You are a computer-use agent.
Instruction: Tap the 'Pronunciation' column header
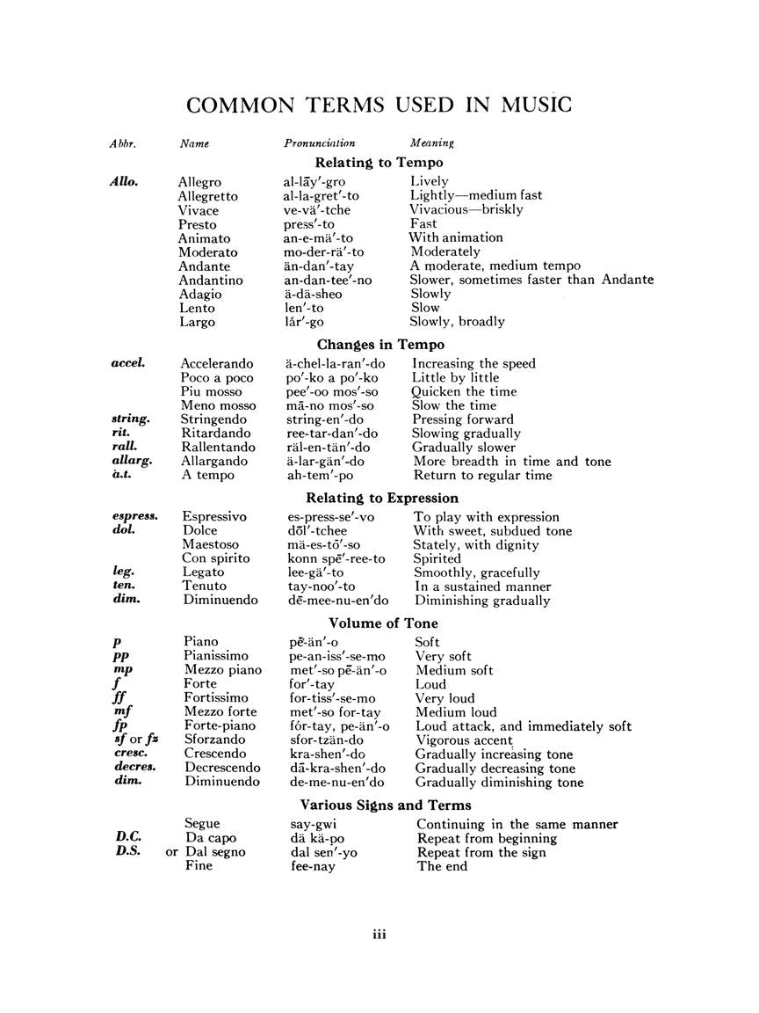click(320, 142)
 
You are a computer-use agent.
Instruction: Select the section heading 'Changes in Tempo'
click(380, 345)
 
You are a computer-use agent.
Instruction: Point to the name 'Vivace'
click(199, 210)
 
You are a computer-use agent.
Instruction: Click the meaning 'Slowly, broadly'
click(458, 322)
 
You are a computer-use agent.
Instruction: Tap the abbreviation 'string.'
click(131, 419)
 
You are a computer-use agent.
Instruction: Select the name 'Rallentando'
click(219, 448)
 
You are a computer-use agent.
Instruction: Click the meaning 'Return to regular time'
click(483, 476)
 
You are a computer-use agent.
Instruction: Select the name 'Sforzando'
click(216, 740)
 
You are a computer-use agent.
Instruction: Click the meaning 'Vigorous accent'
click(464, 740)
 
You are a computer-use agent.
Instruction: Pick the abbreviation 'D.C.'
click(128, 838)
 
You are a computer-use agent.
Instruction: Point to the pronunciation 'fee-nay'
click(313, 866)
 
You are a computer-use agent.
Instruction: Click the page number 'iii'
click(379, 934)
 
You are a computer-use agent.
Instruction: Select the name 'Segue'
click(202, 824)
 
